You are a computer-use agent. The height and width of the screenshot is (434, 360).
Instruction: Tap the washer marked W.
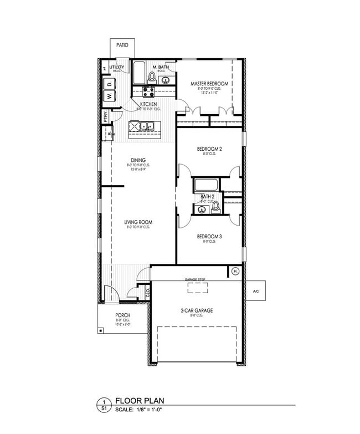(x=110, y=95)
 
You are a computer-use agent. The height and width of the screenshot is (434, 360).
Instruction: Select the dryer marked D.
(x=110, y=83)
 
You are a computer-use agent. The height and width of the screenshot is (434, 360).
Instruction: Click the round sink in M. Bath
(x=164, y=81)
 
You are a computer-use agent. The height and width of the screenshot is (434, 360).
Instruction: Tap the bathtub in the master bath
(x=139, y=72)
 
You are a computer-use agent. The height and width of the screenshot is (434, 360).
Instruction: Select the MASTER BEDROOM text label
(x=209, y=84)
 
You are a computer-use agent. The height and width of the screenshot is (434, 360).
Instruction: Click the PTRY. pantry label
(x=105, y=117)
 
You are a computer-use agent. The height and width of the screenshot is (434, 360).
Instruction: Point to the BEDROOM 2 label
(x=209, y=149)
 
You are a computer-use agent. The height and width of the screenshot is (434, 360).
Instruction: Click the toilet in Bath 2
(x=216, y=208)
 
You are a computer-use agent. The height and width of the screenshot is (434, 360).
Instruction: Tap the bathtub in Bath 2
(x=207, y=185)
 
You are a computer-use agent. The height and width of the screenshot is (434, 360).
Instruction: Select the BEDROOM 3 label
(x=209, y=237)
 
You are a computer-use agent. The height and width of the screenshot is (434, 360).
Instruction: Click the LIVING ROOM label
(x=138, y=222)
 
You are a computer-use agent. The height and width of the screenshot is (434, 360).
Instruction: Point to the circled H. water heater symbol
(x=235, y=272)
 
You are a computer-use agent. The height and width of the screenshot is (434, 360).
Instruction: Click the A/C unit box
(x=255, y=290)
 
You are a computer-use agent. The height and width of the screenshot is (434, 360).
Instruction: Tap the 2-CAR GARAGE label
(x=197, y=310)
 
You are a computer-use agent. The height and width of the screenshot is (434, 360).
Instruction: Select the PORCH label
(x=122, y=315)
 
